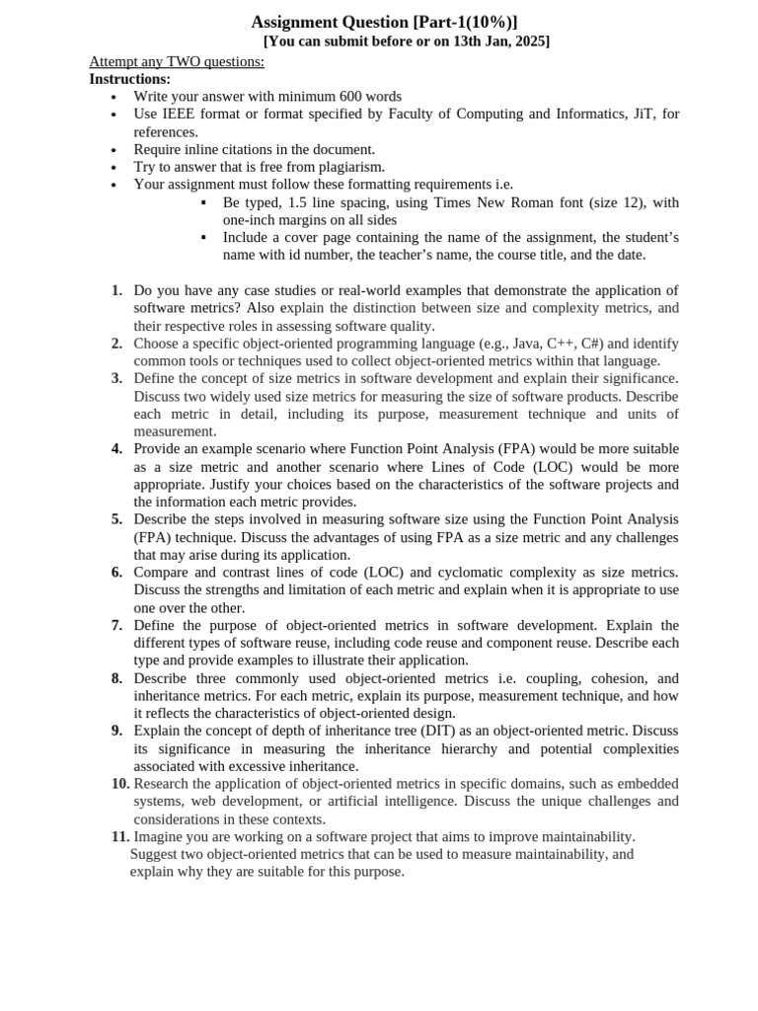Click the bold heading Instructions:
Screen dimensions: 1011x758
[x=129, y=79]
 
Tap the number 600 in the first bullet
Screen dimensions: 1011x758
[x=320, y=97]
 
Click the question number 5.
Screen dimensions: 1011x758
[x=116, y=519]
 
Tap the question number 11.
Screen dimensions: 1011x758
[x=119, y=837]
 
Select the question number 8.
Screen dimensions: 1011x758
[x=116, y=678]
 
